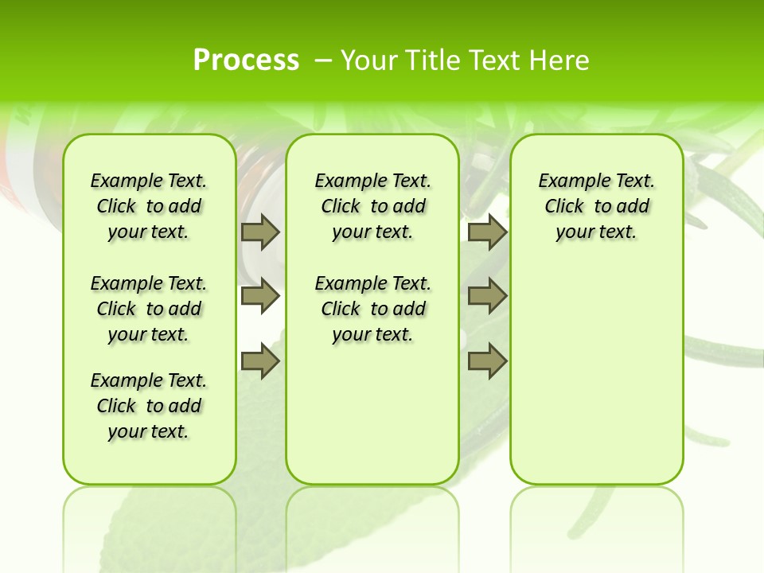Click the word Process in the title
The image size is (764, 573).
pos(246,60)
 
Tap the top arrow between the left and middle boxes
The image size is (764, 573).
pos(260,232)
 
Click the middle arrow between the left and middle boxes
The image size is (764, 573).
pos(260,296)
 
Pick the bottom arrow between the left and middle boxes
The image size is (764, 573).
pos(260,361)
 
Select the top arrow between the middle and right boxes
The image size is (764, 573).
pos(487,232)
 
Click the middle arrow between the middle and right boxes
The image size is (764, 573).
pos(487,296)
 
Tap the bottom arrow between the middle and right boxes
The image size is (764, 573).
pos(487,361)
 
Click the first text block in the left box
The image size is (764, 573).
pos(149,206)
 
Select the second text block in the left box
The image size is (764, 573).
pos(149,309)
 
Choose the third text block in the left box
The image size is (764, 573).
pos(149,406)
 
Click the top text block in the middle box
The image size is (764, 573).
pos(373,206)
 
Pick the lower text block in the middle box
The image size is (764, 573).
pos(373,309)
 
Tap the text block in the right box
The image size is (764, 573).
pos(597,206)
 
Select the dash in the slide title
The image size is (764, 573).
pos(322,60)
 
